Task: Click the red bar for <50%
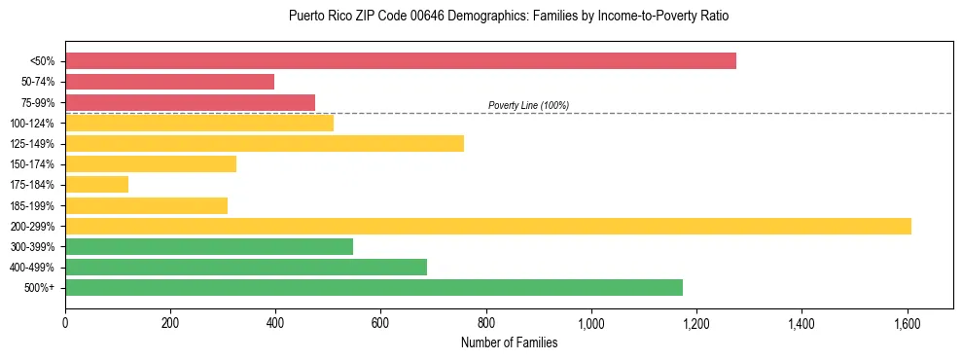pos(400,60)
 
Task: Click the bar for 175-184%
pos(96,184)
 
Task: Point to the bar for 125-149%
pos(264,143)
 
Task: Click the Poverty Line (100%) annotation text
pos(528,105)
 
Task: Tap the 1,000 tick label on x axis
pos(591,324)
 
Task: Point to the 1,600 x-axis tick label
pos(907,324)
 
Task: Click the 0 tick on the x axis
pos(65,324)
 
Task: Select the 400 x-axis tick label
pos(275,324)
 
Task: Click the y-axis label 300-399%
pos(32,247)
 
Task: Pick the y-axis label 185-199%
pos(32,205)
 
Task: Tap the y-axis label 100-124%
pos(32,124)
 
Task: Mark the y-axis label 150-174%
pos(32,164)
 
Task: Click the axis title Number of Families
pos(509,342)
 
